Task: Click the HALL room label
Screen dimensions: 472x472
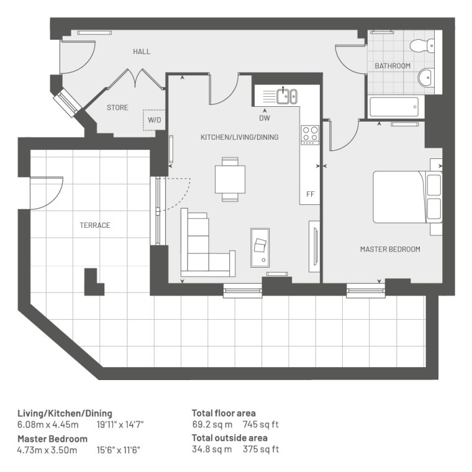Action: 142,52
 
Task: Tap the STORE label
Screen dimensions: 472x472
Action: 117,107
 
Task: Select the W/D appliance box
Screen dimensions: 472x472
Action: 154,120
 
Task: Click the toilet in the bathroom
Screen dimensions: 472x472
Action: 422,45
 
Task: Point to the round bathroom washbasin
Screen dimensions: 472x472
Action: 425,78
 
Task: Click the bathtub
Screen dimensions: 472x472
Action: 394,107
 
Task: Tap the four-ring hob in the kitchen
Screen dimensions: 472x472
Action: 310,135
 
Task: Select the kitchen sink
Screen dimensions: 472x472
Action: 287,96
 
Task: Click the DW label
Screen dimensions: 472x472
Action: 265,118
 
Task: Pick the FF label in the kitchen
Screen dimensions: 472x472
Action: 310,194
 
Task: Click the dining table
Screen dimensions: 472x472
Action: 230,179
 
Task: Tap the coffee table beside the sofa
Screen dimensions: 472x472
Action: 260,248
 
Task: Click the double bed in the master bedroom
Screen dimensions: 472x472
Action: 407,197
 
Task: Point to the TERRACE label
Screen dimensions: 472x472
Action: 95,225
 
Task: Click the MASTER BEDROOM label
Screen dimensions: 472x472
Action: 390,249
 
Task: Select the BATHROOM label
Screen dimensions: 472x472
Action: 393,66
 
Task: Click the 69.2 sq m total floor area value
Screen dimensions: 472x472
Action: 212,424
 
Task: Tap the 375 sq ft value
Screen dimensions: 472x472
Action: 261,449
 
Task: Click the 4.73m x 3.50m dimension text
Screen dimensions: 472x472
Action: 47,450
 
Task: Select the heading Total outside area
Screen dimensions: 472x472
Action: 230,438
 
